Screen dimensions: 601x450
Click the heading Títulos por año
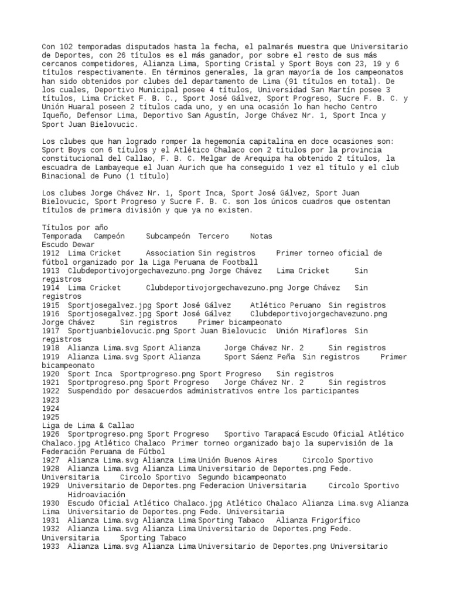click(x=75, y=227)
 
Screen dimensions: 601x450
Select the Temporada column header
click(x=62, y=236)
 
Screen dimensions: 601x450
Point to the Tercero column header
click(x=217, y=236)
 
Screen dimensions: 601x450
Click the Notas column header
click(x=261, y=236)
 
